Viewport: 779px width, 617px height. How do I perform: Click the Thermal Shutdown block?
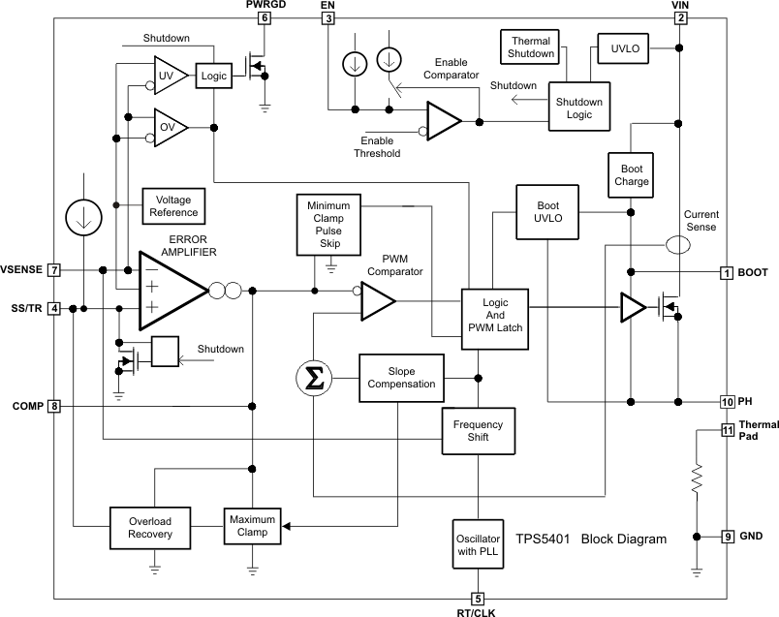click(531, 46)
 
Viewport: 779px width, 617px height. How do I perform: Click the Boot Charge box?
click(631, 173)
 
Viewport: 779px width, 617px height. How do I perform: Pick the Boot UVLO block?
click(547, 211)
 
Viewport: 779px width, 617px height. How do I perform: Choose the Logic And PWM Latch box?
click(495, 315)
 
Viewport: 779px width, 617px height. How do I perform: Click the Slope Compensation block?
click(401, 377)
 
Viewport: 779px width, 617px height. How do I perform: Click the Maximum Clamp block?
click(252, 527)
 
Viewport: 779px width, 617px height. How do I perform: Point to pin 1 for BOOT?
click(727, 272)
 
